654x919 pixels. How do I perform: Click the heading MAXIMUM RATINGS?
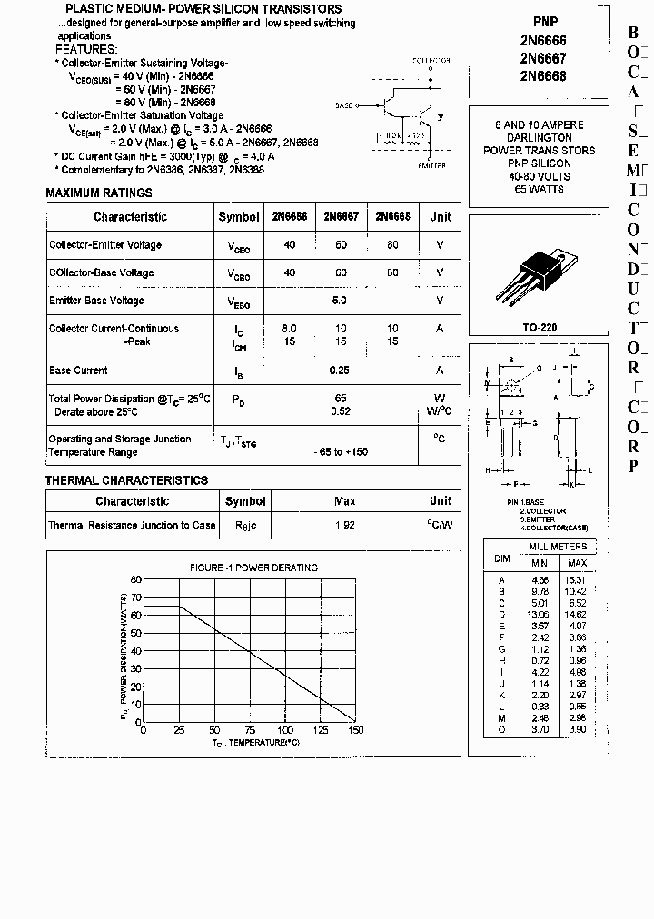click(99, 193)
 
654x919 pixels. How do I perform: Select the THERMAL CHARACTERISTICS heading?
click(126, 480)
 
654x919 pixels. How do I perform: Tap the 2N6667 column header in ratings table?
click(341, 217)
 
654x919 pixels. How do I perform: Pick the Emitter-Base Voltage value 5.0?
click(340, 300)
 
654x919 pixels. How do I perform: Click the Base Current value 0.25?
click(341, 370)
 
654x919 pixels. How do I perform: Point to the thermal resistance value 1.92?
click(344, 525)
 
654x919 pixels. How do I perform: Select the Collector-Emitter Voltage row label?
click(105, 245)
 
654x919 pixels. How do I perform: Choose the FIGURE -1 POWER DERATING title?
click(253, 568)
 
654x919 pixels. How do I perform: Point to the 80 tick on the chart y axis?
click(136, 579)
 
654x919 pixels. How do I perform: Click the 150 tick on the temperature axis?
click(355, 731)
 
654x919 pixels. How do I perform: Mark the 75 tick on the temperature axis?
click(249, 731)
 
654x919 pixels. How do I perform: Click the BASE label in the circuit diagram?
click(343, 106)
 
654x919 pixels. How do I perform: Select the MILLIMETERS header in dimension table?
click(559, 546)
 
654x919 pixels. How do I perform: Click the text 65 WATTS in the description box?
click(540, 189)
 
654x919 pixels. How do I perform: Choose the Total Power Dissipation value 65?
click(341, 398)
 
